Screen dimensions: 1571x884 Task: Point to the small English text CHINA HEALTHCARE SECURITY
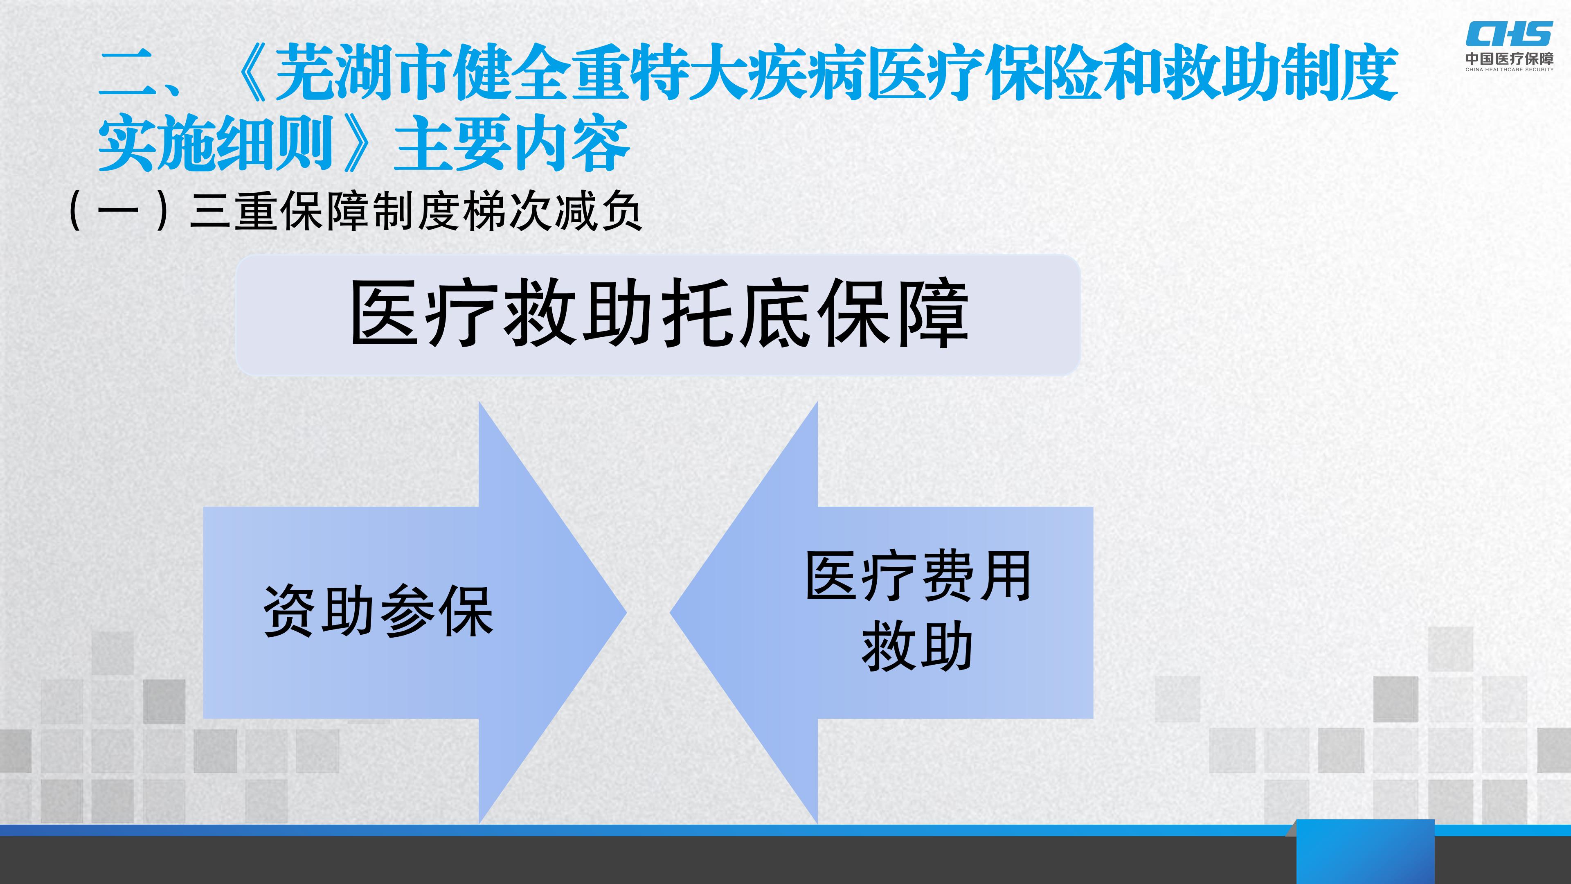1509,70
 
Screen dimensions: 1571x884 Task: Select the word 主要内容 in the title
511,144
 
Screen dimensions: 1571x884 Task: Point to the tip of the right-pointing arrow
626,612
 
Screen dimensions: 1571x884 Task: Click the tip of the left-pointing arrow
670,612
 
